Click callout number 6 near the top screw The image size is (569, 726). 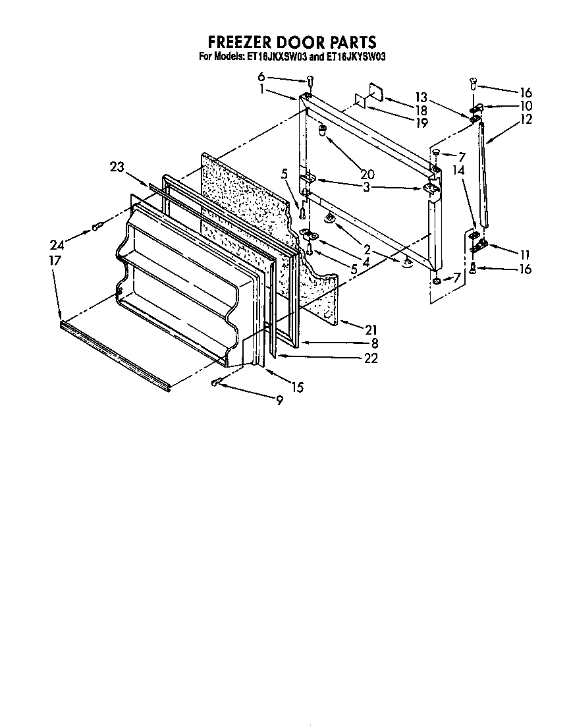(x=261, y=76)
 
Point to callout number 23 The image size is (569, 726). (x=117, y=167)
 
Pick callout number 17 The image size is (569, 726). (x=55, y=261)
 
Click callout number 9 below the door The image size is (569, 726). (x=279, y=399)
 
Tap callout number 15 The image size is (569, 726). (x=298, y=387)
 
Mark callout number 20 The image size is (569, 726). (x=367, y=174)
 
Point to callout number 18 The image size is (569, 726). (x=421, y=110)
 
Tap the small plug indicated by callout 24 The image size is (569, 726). (x=97, y=227)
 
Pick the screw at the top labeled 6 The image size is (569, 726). (x=310, y=82)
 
